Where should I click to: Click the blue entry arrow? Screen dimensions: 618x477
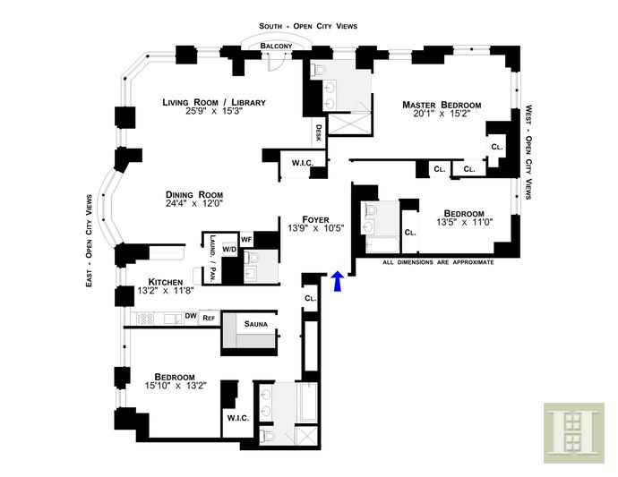pos(339,282)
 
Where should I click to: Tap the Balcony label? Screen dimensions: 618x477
pos(276,46)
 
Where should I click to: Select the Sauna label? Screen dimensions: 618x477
pos(256,324)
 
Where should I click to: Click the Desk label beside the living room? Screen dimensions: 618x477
pos(319,132)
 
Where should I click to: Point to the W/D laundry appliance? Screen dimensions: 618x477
pos(229,250)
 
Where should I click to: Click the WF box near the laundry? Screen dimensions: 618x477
pos(246,239)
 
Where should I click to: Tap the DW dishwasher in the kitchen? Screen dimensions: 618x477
pos(191,316)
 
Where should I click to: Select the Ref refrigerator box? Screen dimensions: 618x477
pos(209,318)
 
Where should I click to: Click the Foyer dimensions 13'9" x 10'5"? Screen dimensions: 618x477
pos(316,227)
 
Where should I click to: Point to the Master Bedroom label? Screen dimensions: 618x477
pos(442,105)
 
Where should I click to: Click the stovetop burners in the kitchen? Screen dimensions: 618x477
pos(145,319)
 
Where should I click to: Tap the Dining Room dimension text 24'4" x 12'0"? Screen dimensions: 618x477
pos(194,203)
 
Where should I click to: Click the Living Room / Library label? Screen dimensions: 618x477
pos(214,102)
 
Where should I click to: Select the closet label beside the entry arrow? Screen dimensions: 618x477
pos(311,298)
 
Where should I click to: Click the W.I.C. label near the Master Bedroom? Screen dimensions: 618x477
pos(303,163)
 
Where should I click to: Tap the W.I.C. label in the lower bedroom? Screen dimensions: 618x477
pos(238,418)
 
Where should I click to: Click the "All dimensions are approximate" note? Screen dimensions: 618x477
pos(438,262)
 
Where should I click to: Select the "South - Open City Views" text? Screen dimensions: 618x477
pos(308,26)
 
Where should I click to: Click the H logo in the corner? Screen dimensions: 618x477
pos(574,432)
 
